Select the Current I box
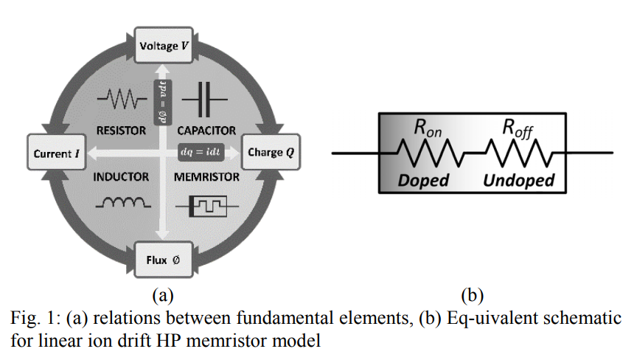coord(55,153)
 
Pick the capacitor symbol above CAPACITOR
coord(204,99)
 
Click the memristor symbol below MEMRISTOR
coord(206,205)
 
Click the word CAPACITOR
coord(206,131)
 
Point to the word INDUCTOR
coord(121,177)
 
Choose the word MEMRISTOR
coord(206,177)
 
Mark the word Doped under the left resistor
coord(423,180)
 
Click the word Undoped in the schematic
coord(518,180)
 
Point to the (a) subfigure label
coord(162,297)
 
